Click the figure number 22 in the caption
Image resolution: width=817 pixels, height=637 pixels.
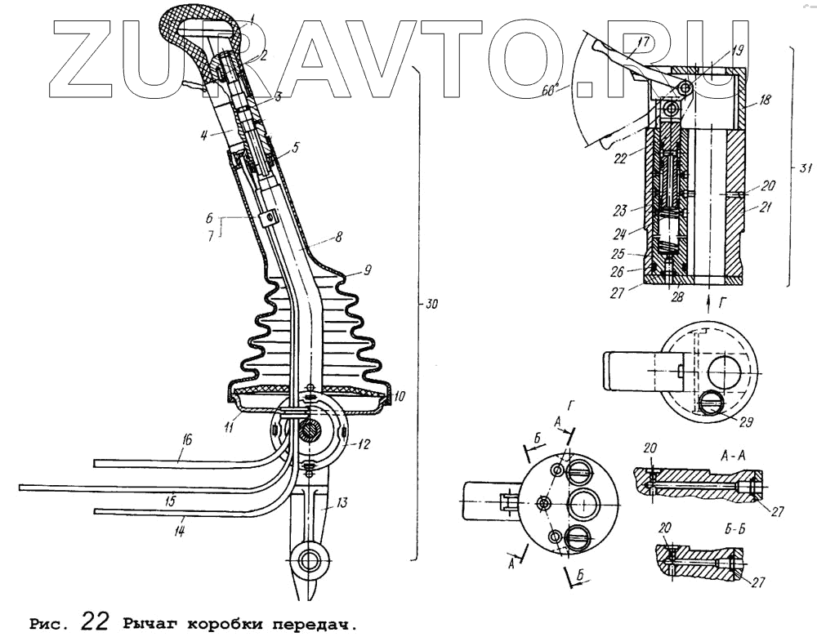coord(95,621)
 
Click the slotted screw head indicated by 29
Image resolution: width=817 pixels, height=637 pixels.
coord(709,401)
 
